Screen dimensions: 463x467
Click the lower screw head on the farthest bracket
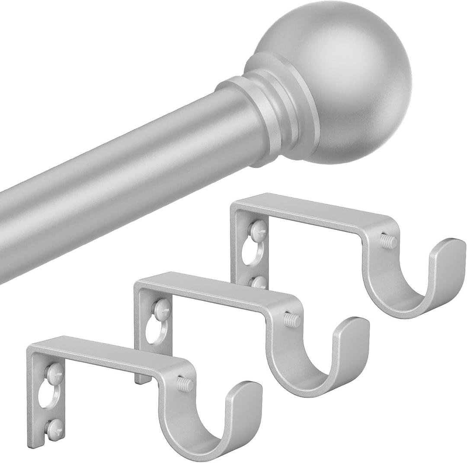point(258,283)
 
